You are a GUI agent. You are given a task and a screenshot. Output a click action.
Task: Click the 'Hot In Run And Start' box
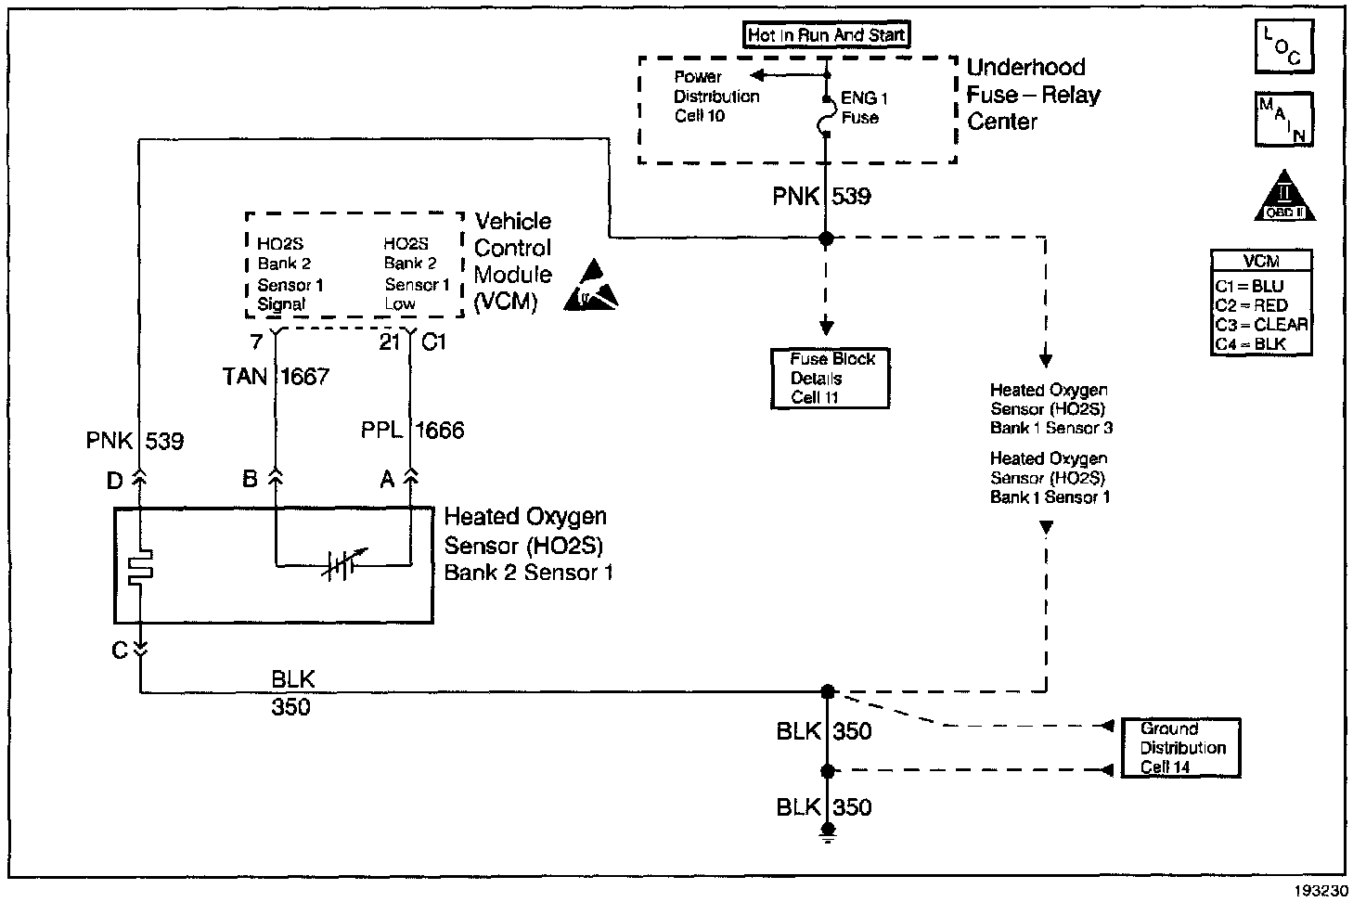(827, 35)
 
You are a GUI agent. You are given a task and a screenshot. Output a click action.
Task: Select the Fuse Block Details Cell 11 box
(830, 379)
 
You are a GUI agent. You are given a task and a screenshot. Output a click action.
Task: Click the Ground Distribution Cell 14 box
(1180, 747)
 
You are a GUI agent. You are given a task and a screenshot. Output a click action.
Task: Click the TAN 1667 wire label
(276, 376)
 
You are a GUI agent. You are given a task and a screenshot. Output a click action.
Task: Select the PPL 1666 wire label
(412, 430)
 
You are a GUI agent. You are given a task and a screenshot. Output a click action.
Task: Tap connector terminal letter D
(114, 480)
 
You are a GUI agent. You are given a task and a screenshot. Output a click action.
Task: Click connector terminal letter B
(250, 479)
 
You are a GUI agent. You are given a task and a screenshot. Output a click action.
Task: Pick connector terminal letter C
(119, 650)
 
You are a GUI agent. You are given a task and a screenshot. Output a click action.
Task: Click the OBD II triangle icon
(1284, 199)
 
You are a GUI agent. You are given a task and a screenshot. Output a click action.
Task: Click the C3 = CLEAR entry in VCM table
(1261, 325)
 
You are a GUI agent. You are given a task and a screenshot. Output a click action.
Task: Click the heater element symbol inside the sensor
(141, 567)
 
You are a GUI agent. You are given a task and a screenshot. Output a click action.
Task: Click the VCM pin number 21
(389, 342)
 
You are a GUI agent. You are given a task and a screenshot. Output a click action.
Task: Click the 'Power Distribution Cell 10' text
(715, 97)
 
